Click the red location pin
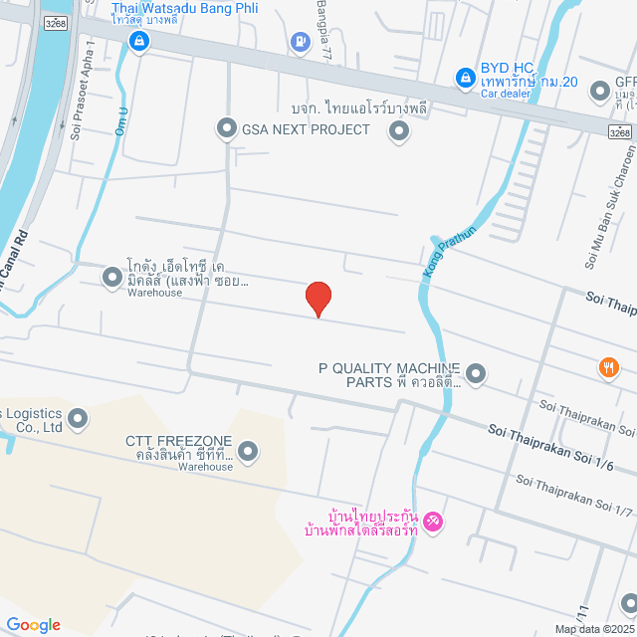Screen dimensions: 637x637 click(318, 298)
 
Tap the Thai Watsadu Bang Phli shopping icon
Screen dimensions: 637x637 click(138, 41)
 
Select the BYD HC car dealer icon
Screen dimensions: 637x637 click(464, 77)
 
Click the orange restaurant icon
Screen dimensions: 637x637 click(608, 368)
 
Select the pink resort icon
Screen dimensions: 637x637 click(432, 521)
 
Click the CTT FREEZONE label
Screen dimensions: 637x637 click(178, 441)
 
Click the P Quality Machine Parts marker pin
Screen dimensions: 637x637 click(476, 374)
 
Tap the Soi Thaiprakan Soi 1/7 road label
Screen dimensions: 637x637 click(574, 495)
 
